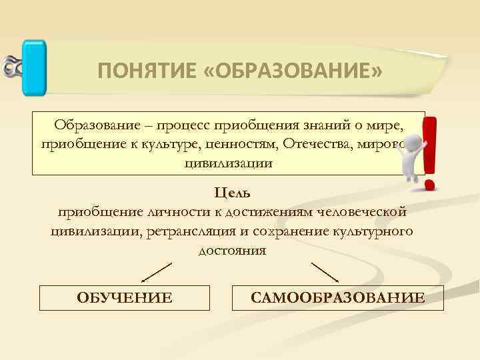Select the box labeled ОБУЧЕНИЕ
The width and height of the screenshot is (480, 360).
[x=125, y=297]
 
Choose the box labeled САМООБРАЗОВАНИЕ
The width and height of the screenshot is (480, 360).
[x=337, y=297]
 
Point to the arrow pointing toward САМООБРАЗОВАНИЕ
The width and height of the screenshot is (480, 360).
[x=325, y=272]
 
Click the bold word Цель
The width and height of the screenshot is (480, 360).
[x=232, y=193]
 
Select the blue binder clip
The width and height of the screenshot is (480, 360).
[x=33, y=66]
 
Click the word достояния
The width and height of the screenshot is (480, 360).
[x=232, y=251]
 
